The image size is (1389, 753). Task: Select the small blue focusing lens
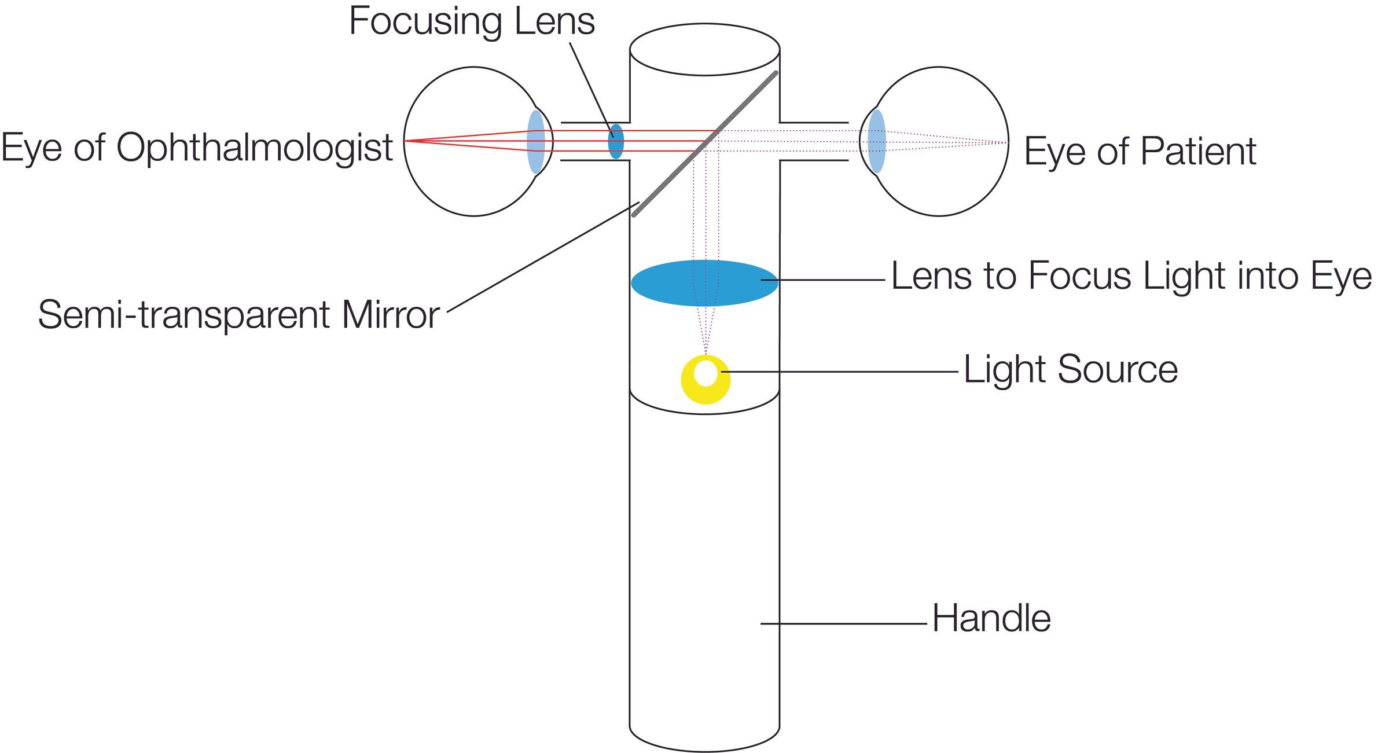pos(616,141)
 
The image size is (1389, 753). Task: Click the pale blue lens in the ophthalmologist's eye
pos(536,142)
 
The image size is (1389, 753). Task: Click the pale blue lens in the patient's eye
pos(877,141)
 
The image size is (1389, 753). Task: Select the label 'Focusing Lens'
pos(472,22)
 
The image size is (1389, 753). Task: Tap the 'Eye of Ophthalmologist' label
pos(197,148)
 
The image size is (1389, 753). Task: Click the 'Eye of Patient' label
pos(1140,152)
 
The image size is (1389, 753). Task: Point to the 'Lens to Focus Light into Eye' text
pos(1131,276)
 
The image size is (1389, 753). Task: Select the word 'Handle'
pos(991,619)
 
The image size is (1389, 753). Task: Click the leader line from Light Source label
pos(839,372)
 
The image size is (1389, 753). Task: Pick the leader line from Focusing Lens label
pos(590,87)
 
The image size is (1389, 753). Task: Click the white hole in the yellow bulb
pos(705,373)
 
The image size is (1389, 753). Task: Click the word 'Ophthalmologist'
pos(255,148)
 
